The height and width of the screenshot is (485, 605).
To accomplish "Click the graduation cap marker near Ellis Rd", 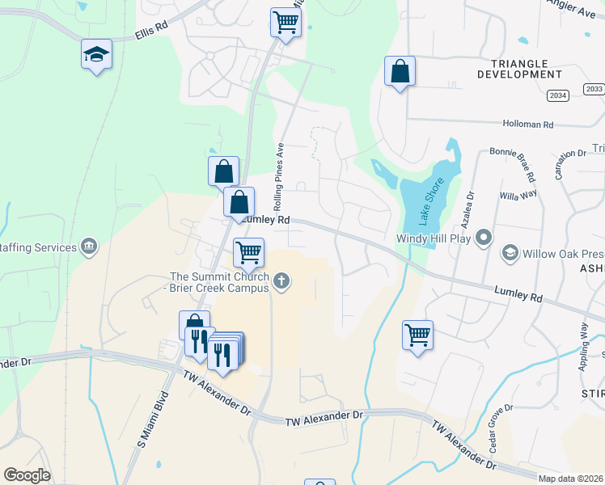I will [96, 55].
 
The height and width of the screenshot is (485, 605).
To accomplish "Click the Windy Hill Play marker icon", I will [484, 238].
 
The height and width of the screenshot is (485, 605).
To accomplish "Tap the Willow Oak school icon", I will [510, 253].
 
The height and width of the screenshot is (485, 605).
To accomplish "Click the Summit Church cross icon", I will [281, 281].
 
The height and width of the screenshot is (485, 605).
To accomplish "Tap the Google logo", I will [27, 475].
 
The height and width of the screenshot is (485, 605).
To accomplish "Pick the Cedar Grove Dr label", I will [499, 428].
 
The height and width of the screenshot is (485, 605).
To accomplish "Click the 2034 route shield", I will [557, 95].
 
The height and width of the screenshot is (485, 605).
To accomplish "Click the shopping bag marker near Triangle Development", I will [400, 71].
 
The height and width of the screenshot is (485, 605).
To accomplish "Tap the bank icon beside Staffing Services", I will [89, 247].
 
